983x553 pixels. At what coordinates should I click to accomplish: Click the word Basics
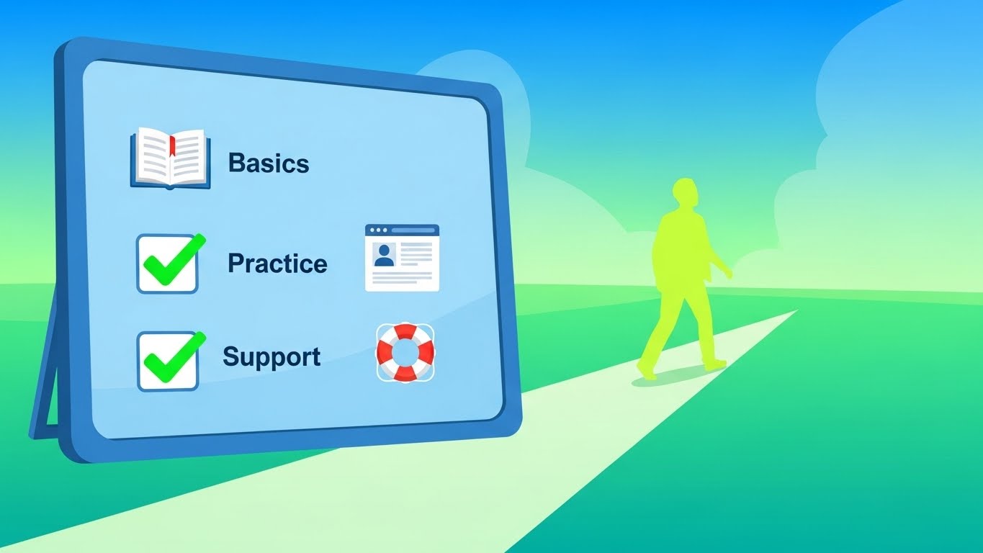[269, 163]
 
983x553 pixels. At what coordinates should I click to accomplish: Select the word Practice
[277, 263]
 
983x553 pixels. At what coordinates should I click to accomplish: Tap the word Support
[271, 357]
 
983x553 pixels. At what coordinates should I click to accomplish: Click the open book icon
[170, 158]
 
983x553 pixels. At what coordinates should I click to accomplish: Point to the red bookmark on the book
[172, 145]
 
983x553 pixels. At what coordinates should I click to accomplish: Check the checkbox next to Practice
[167, 264]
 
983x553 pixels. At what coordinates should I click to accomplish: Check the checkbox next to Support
[168, 361]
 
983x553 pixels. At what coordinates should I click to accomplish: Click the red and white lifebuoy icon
[405, 352]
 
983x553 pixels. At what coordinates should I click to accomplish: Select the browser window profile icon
[402, 258]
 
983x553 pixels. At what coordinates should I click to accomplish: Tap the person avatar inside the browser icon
[385, 256]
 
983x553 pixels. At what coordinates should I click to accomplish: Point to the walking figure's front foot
[714, 364]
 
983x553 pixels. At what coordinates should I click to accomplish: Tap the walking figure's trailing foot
[646, 372]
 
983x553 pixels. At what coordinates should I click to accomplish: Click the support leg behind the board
[45, 364]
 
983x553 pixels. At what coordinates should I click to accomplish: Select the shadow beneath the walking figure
[671, 377]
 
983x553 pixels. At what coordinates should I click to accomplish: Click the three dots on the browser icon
[378, 230]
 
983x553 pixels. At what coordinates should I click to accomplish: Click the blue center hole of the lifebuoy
[405, 352]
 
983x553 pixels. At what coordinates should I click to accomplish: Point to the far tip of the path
[796, 311]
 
